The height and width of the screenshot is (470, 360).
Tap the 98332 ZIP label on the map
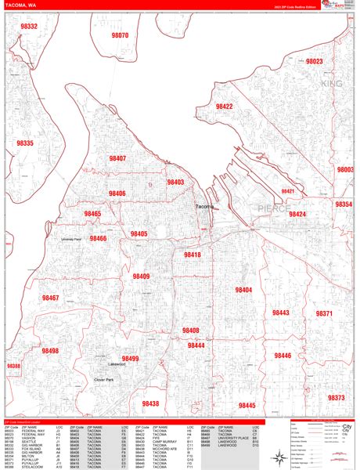(x=29, y=26)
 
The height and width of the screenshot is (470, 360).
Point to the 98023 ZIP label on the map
(x=315, y=61)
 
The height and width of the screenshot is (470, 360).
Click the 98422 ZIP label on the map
(x=225, y=106)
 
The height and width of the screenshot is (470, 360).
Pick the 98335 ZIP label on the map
(x=25, y=143)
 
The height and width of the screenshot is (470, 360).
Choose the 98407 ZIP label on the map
(x=117, y=158)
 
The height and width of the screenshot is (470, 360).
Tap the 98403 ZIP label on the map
(x=175, y=183)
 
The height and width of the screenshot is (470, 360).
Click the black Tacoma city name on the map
(x=203, y=206)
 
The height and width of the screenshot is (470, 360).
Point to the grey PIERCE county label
(x=274, y=208)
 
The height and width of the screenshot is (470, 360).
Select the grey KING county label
(x=332, y=82)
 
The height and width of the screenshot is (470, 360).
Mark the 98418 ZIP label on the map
(x=193, y=255)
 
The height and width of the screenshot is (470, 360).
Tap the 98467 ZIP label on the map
(x=50, y=298)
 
